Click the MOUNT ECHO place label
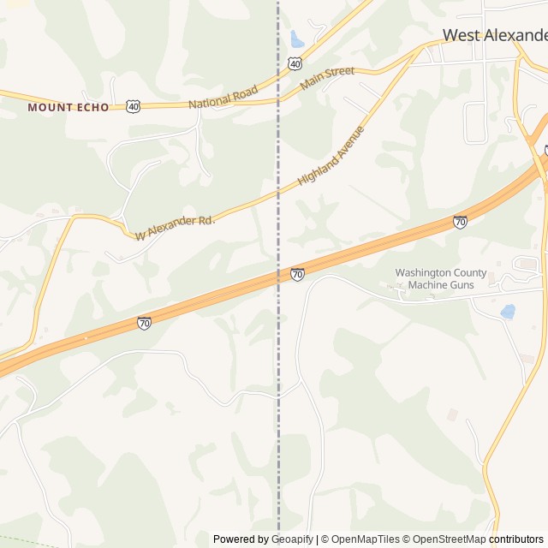pos(68,107)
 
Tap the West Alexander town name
pos(495,35)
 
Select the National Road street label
pos(222,96)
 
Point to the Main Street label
pos(327,78)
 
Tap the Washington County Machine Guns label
pos(440,278)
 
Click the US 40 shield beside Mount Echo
pos(133,106)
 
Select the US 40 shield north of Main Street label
pos(295,63)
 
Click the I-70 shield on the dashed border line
pos(297,274)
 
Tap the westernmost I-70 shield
pos(144,323)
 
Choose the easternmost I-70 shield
pos(460,222)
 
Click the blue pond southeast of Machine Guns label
pos(508,312)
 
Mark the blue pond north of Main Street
pos(297,39)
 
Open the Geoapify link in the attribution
pos(293,539)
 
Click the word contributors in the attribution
pos(516,539)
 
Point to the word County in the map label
pos(468,273)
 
